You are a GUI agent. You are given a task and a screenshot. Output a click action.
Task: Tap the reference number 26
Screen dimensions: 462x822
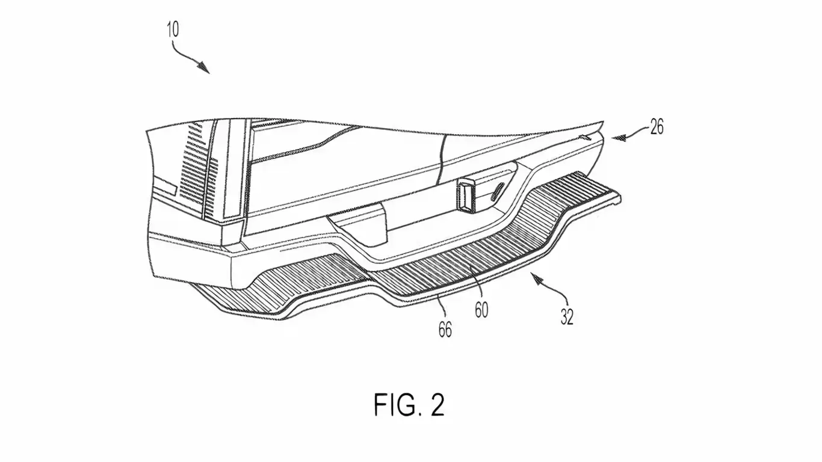[656, 127]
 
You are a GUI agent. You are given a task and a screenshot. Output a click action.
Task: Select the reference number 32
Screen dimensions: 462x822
[567, 316]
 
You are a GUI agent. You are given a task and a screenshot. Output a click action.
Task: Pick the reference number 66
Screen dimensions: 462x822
[445, 330]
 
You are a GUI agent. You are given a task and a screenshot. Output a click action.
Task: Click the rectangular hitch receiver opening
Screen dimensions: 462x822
[468, 196]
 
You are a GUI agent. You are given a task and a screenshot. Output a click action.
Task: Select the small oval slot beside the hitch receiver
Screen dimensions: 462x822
[499, 193]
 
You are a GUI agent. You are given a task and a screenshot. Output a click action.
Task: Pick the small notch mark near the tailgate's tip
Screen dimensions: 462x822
[582, 137]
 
